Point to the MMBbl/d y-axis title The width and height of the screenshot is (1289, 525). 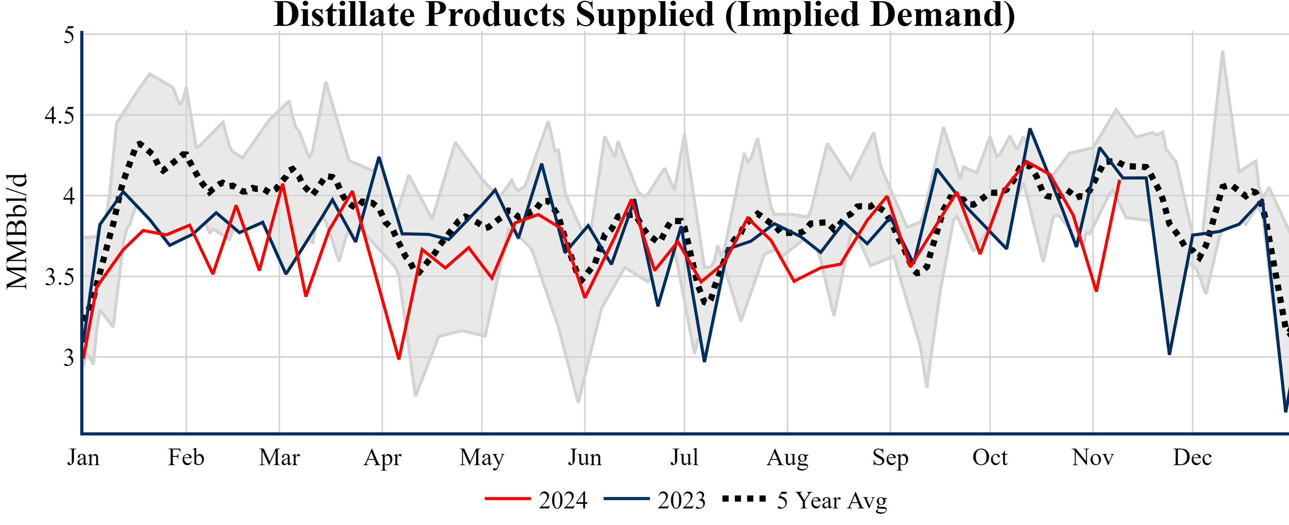[x=17, y=232]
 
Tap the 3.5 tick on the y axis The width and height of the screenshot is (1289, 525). [x=59, y=277]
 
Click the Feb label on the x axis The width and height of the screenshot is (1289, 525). [x=186, y=457]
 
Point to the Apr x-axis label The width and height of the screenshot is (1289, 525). [x=382, y=457]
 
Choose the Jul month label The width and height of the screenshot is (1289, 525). [x=684, y=457]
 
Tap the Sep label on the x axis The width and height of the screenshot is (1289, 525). [x=890, y=457]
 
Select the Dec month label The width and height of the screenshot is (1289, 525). [x=1193, y=457]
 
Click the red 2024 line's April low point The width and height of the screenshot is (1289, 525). [x=399, y=358]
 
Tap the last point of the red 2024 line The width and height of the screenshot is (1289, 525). [x=1119, y=181]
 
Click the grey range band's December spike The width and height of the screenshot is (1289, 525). [x=1223, y=52]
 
